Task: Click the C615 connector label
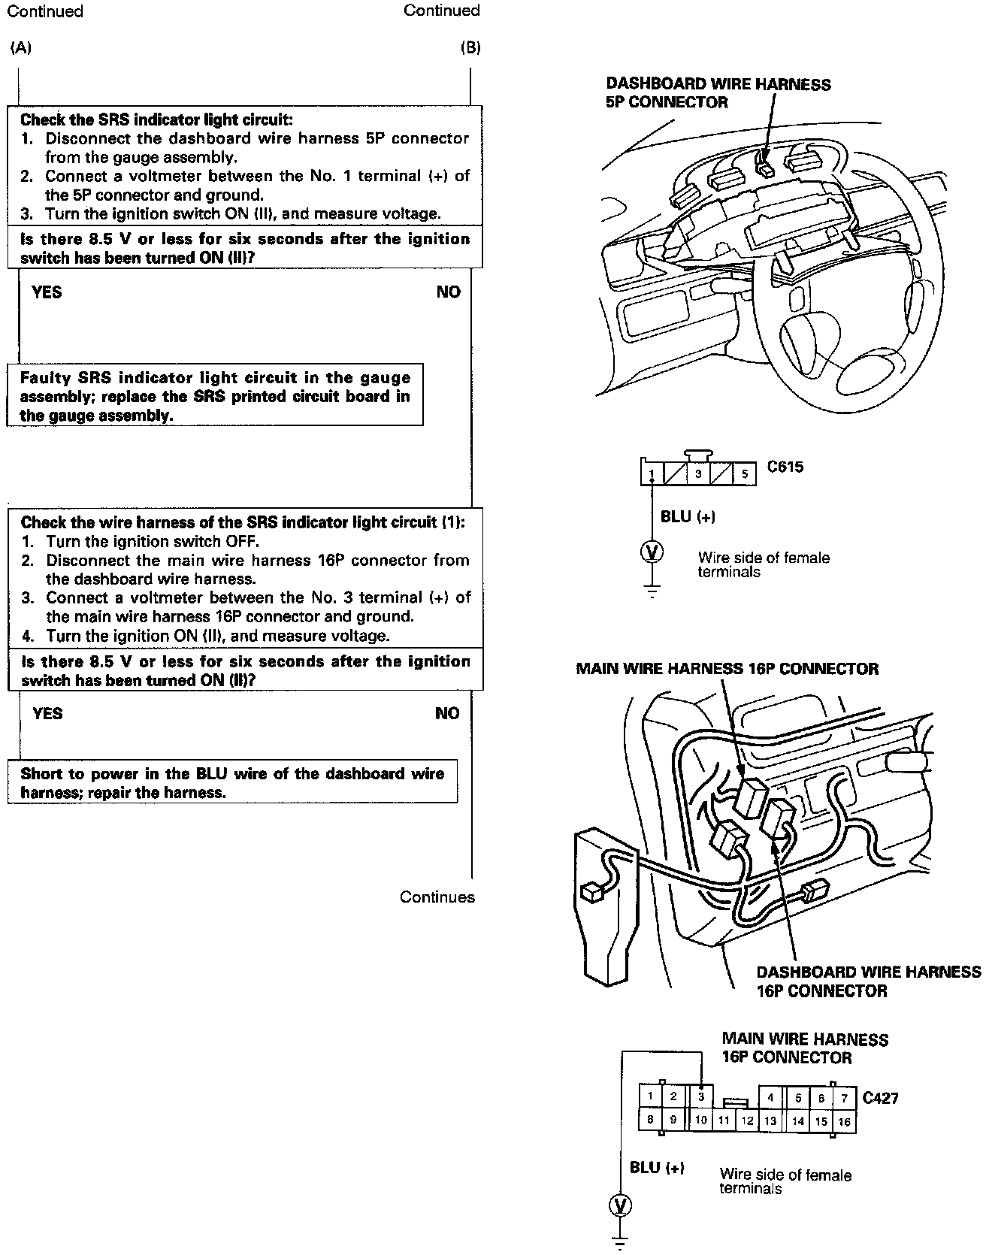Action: pos(785,467)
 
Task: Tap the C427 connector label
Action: pos(880,1098)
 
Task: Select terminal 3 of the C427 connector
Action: pos(700,1096)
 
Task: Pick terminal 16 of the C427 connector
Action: pos(844,1121)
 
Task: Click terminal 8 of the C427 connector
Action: pos(649,1119)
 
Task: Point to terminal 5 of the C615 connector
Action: pos(744,474)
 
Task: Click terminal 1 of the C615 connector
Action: pos(652,474)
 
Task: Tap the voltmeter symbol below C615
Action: pos(652,552)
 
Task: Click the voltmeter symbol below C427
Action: pos(621,1206)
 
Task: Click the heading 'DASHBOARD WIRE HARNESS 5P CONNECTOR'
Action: pos(718,93)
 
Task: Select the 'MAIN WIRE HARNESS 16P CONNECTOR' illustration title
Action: pos(727,668)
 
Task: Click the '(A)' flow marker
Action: pos(21,48)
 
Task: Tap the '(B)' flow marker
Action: pos(470,48)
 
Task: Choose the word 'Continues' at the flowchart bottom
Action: pos(437,897)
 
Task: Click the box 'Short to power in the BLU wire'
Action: pos(232,782)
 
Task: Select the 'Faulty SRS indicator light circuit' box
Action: pos(215,396)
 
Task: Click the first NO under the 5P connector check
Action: pos(448,292)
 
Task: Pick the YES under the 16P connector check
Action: pos(47,713)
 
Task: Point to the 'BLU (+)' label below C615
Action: pos(688,516)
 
